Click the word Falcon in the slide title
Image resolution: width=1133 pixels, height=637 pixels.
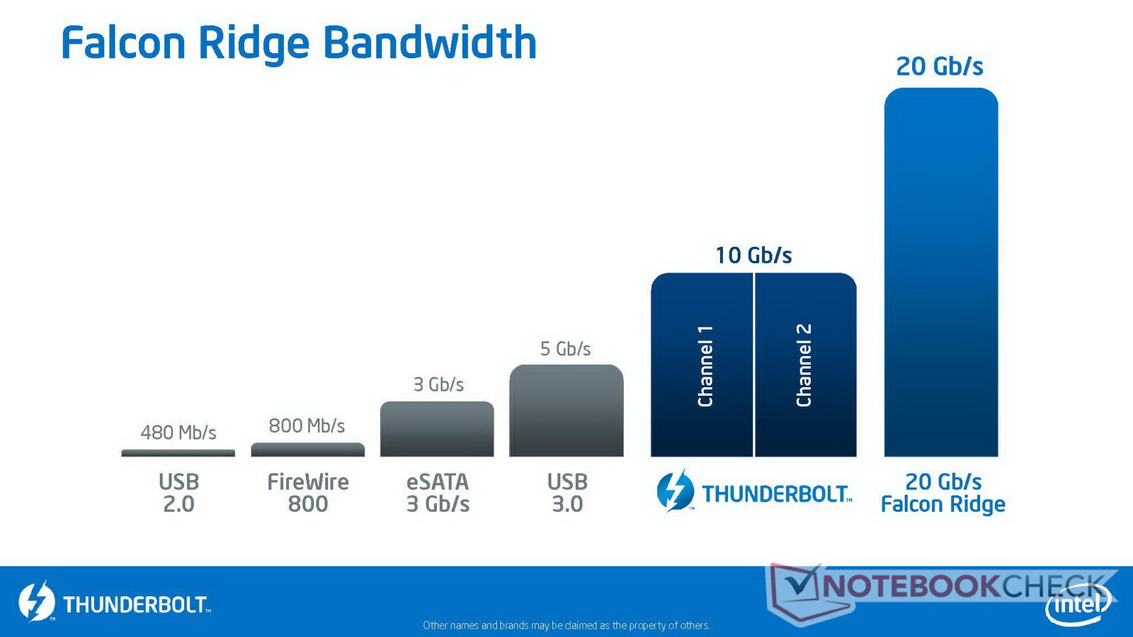[123, 43]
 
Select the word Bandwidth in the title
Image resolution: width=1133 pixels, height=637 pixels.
[429, 43]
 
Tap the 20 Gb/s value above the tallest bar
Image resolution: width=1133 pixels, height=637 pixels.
[939, 67]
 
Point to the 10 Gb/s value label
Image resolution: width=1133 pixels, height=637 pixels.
[753, 256]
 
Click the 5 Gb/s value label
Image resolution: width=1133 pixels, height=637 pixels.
[565, 349]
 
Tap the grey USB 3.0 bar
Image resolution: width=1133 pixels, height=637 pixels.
[566, 411]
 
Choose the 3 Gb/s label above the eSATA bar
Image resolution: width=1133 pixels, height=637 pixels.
[438, 385]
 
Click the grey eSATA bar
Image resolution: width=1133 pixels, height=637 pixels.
[437, 429]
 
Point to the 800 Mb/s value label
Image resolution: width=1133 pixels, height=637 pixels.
[307, 425]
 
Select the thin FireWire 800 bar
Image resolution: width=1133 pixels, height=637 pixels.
[307, 449]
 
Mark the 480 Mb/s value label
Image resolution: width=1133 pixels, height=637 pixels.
[178, 432]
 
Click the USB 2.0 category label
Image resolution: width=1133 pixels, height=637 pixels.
[178, 493]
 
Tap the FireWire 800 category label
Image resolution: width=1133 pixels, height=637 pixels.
[307, 493]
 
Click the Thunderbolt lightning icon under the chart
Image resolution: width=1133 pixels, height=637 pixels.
[676, 490]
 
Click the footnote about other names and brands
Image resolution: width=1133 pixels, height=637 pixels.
[566, 626]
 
